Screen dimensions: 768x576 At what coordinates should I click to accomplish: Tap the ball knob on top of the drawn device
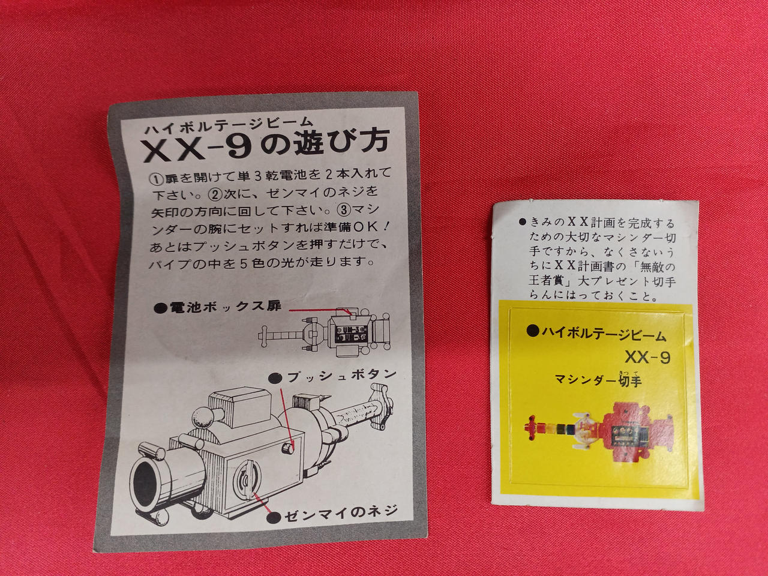click(203, 417)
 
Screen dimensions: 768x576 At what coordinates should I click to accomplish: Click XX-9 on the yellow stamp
click(647, 357)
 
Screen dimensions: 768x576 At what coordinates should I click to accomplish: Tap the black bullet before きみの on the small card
click(523, 221)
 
